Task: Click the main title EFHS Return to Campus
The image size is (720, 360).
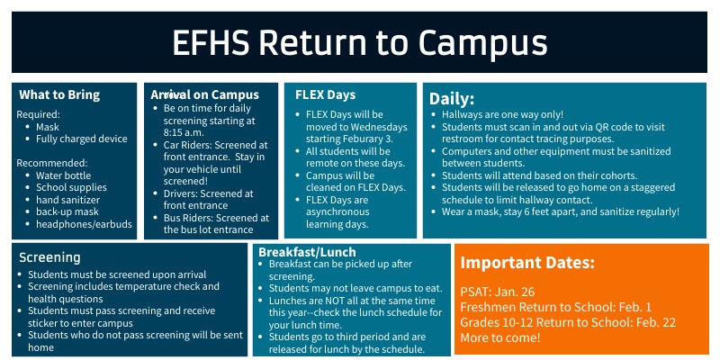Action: pos(360,42)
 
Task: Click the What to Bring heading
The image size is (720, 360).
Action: pos(59,94)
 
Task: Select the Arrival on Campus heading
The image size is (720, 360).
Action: pos(205,94)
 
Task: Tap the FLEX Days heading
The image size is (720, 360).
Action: pos(325,94)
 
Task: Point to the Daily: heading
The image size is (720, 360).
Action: pos(452,98)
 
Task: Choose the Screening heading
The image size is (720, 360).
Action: pos(50,256)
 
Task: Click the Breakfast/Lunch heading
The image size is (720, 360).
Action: pos(307,252)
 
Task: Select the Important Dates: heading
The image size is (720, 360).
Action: pos(527,263)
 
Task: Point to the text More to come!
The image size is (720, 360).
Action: pos(500,337)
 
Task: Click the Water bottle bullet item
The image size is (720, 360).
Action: pos(64,175)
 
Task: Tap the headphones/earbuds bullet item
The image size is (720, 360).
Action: pos(84,223)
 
